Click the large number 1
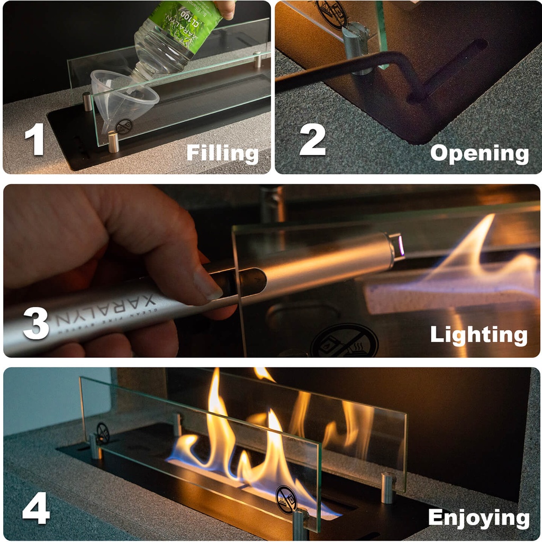coord(34,139)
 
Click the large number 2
coord(312,139)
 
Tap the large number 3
coord(35,323)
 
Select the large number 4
coord(36,509)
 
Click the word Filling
coord(222,153)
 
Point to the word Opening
coord(479,153)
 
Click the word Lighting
coord(478,335)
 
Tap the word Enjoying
coord(478,518)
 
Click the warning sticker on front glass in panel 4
coord(286,499)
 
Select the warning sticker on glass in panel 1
coord(124,127)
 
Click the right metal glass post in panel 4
coord(388,487)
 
